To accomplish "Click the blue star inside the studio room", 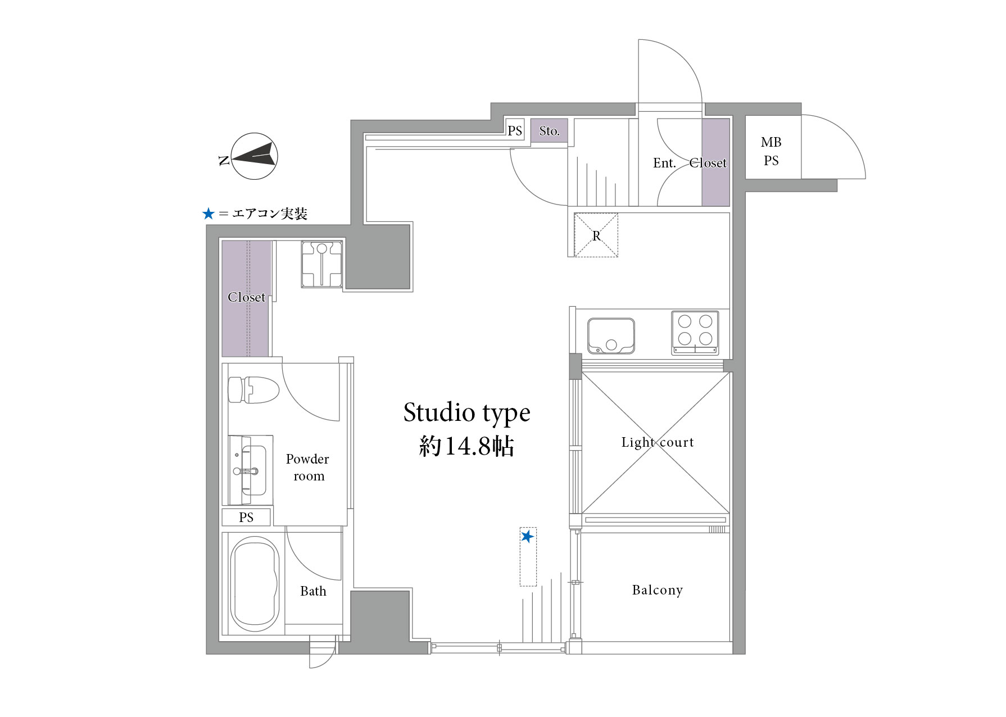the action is [x=527, y=537].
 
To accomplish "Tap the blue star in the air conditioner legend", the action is [x=209, y=214].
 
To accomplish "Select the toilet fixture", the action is [x=254, y=389].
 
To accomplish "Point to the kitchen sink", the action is [x=611, y=336].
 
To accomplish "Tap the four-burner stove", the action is [x=695, y=333].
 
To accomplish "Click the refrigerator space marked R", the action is [x=596, y=235].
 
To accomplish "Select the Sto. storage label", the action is [x=549, y=131].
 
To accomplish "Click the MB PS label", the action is [x=771, y=151].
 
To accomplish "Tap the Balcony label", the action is [x=657, y=590].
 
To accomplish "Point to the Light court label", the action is [x=658, y=443].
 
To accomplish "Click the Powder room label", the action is [x=307, y=468].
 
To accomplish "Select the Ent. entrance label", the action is [x=664, y=163].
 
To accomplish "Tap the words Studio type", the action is [x=467, y=414].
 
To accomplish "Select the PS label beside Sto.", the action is [x=515, y=131].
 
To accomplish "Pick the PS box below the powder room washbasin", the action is [x=246, y=518].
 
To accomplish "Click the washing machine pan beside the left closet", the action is [x=322, y=264].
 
